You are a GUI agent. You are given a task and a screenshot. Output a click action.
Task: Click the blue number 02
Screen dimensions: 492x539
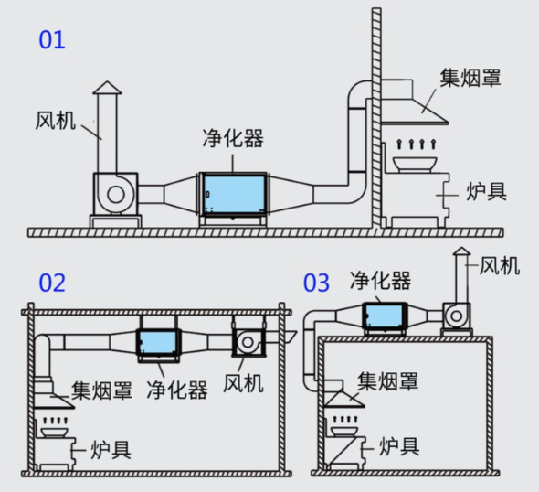[51, 282]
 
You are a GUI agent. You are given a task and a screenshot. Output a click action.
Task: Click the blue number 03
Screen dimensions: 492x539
[316, 282]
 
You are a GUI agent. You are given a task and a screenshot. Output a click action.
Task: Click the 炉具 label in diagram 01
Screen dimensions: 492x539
[486, 191]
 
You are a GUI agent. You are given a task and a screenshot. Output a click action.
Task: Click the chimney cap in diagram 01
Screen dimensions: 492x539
[106, 89]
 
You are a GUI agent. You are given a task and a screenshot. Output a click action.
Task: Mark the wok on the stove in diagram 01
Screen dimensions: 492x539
[415, 164]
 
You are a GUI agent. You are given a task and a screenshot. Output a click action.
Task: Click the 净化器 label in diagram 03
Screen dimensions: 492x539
[381, 278]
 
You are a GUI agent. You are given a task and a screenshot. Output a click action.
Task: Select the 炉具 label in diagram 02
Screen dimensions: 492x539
[111, 448]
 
